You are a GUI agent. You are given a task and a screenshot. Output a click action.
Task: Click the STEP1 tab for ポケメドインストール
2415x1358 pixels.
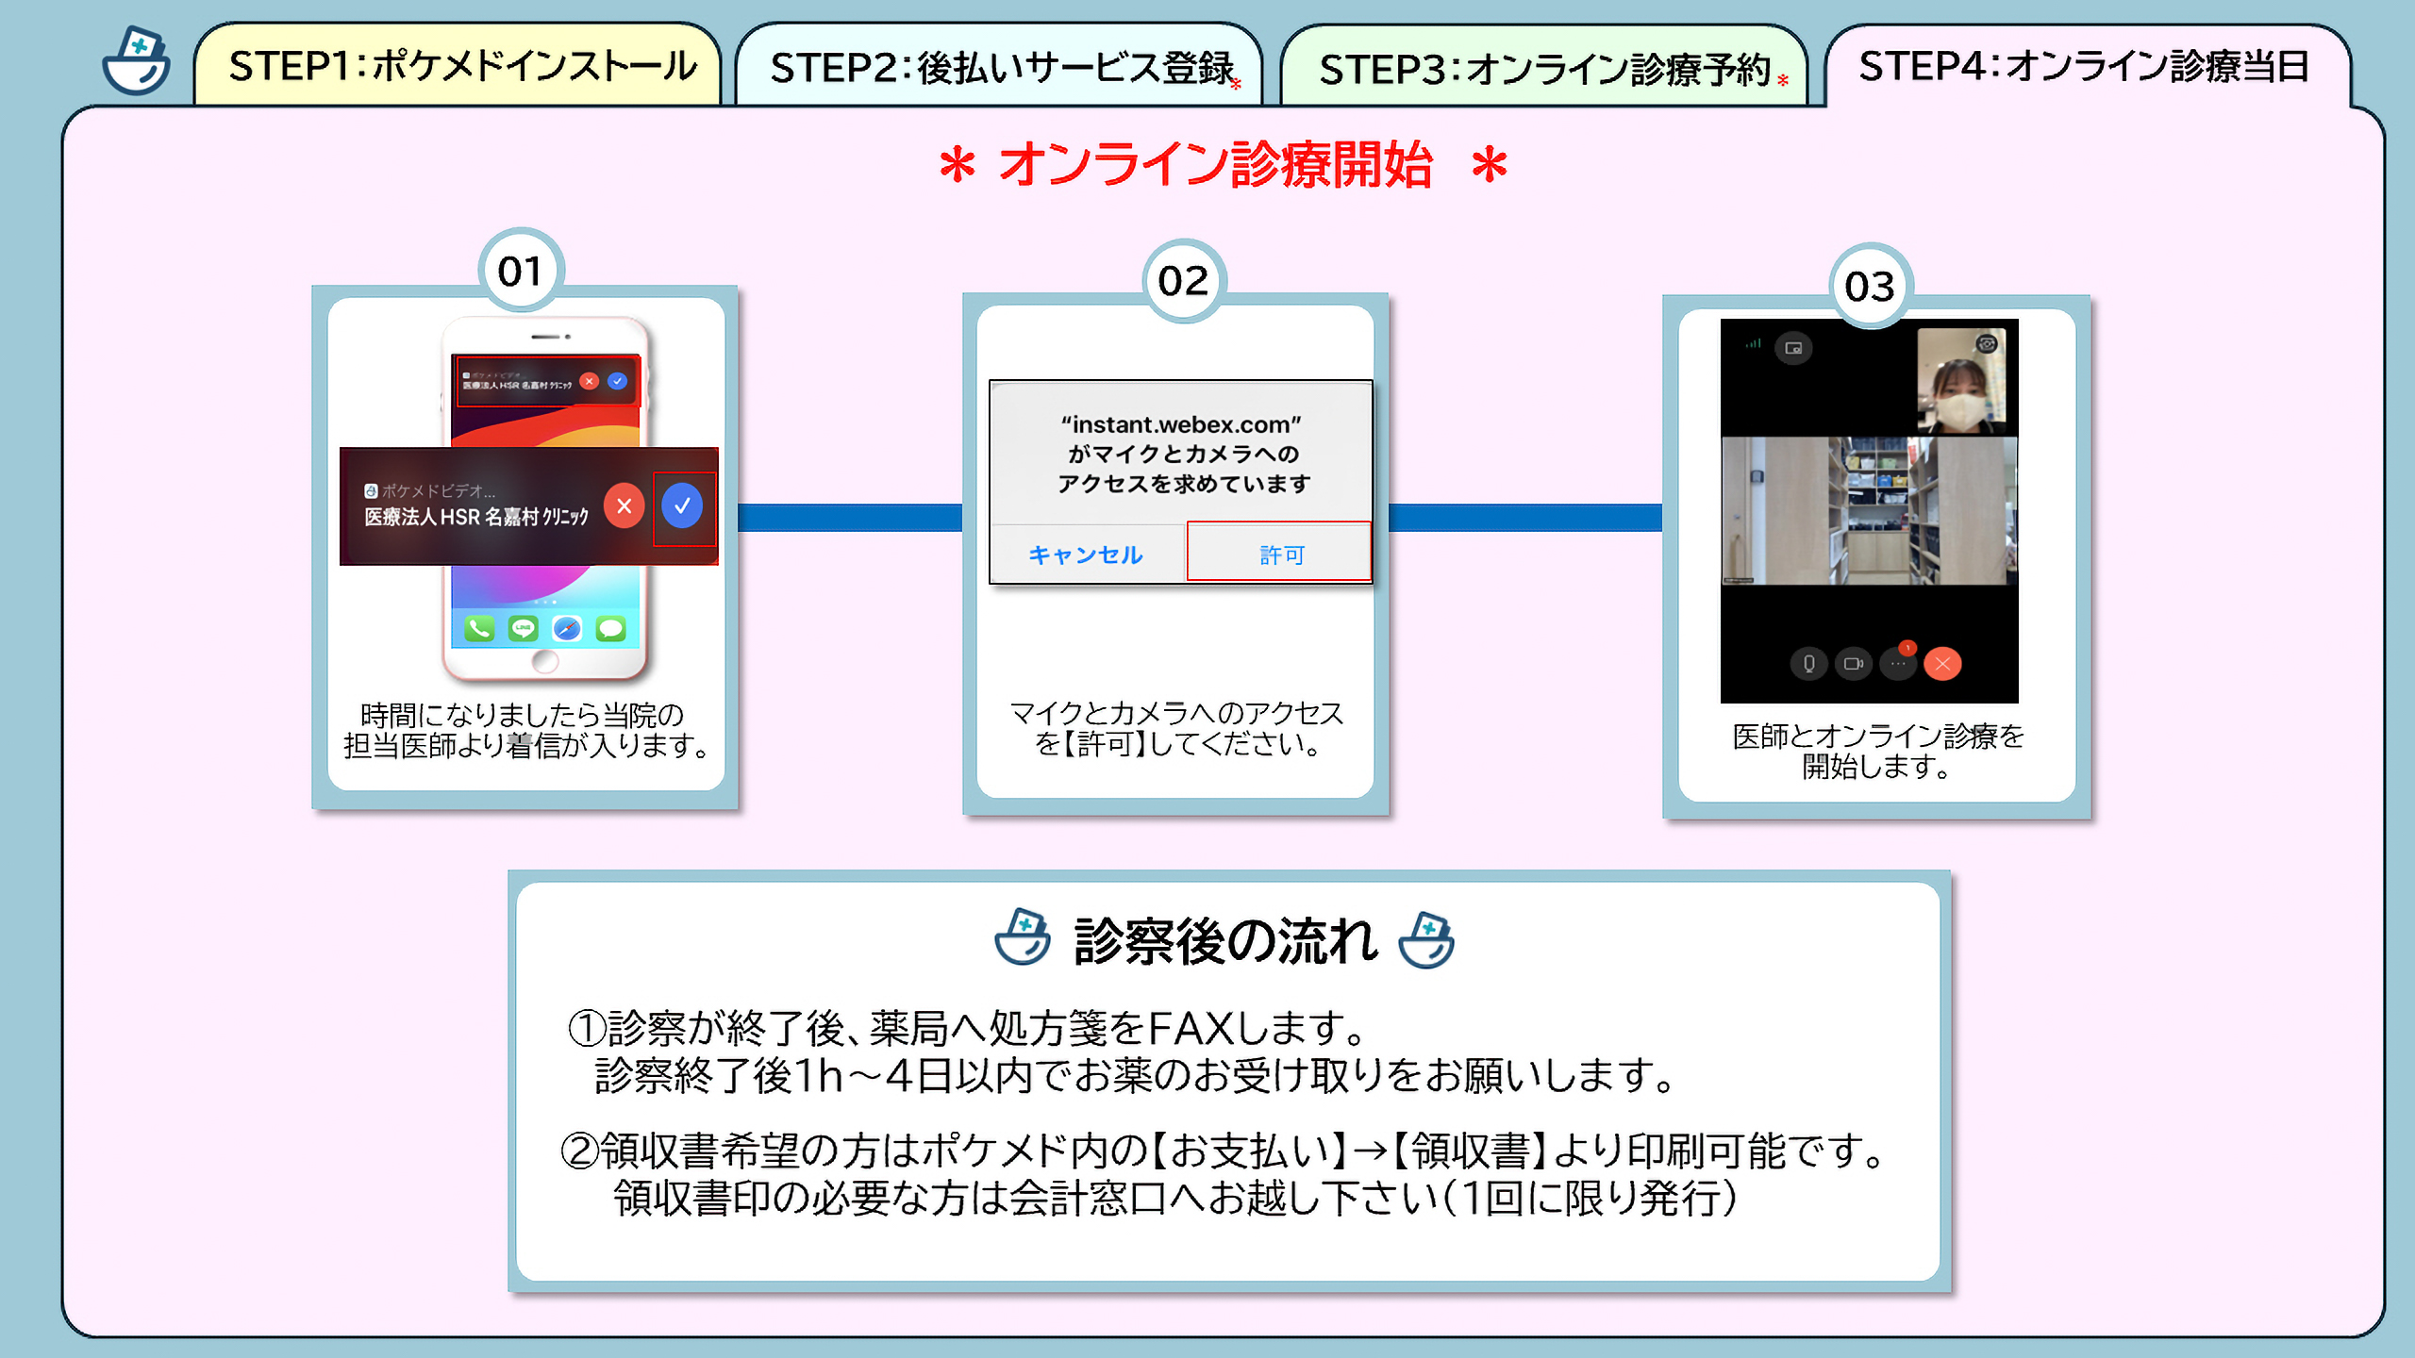point(460,66)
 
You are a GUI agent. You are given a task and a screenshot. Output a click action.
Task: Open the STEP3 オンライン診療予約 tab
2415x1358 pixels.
point(1545,70)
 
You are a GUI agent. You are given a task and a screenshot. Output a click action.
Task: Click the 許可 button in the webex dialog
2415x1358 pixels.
point(1280,555)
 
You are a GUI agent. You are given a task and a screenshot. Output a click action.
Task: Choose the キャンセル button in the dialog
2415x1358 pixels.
point(1086,555)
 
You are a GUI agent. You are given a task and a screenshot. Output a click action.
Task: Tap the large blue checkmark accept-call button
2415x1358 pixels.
point(682,506)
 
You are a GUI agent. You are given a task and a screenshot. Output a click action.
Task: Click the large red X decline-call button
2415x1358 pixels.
point(624,506)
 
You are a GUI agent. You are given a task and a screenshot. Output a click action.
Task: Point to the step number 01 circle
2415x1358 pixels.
point(520,272)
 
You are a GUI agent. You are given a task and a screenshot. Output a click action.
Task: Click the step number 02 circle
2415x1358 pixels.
point(1183,281)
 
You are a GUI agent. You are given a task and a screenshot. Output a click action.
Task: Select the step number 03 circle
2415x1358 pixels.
point(1870,287)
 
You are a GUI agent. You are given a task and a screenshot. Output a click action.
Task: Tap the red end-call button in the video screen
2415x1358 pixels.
point(1942,664)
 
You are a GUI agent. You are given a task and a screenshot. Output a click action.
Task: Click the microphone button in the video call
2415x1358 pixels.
point(1808,664)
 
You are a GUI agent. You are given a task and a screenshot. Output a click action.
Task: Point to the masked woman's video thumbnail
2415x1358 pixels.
point(1961,377)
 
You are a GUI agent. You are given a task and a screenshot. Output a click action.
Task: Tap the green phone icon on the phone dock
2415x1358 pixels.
point(479,628)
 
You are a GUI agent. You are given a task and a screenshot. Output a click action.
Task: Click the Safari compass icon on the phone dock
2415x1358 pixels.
point(567,628)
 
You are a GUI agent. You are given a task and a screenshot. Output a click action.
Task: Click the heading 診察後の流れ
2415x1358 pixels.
point(1224,941)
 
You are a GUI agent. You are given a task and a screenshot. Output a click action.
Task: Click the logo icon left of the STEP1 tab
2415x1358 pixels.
point(137,62)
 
